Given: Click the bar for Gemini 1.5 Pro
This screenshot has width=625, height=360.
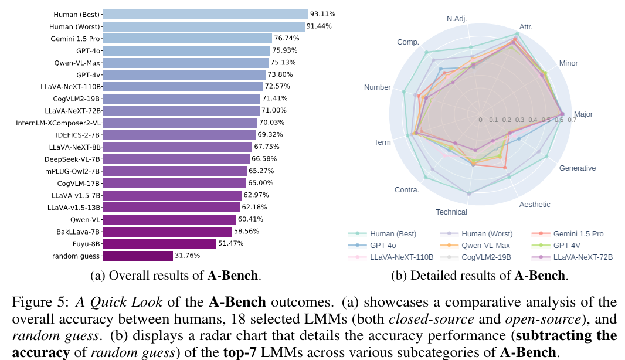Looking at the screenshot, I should pos(188,39).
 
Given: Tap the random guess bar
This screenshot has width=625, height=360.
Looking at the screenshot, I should pos(138,256).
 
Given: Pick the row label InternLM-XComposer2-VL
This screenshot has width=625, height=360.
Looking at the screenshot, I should pos(59,123).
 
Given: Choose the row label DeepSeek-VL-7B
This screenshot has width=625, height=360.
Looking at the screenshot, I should pos(73,159).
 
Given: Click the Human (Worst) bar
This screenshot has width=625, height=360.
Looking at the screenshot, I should pos(204,26).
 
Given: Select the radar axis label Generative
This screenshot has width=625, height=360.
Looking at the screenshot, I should pos(577,168).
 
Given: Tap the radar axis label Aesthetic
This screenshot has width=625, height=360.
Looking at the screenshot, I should pos(535,204).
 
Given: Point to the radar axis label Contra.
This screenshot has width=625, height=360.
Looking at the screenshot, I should pos(406,189).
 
